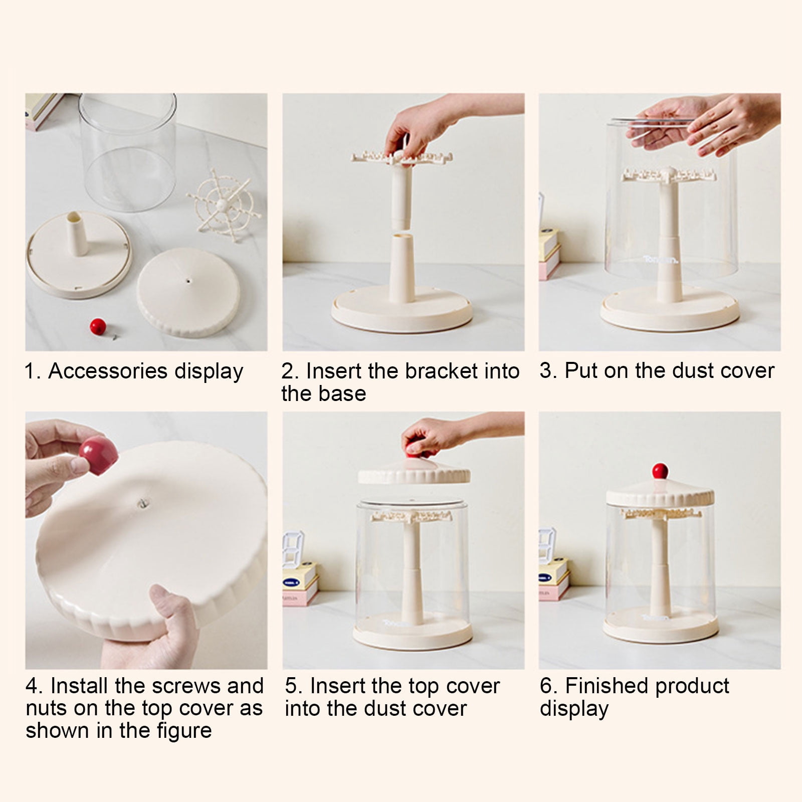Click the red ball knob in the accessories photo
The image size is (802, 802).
(x=97, y=326)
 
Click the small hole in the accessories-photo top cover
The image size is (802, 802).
(x=188, y=281)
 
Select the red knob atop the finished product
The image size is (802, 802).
(x=660, y=471)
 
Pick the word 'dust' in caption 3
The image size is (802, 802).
(x=693, y=371)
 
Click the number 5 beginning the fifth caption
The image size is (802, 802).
(x=291, y=686)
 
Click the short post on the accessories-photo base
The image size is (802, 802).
(x=77, y=233)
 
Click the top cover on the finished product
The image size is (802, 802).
(x=660, y=494)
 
